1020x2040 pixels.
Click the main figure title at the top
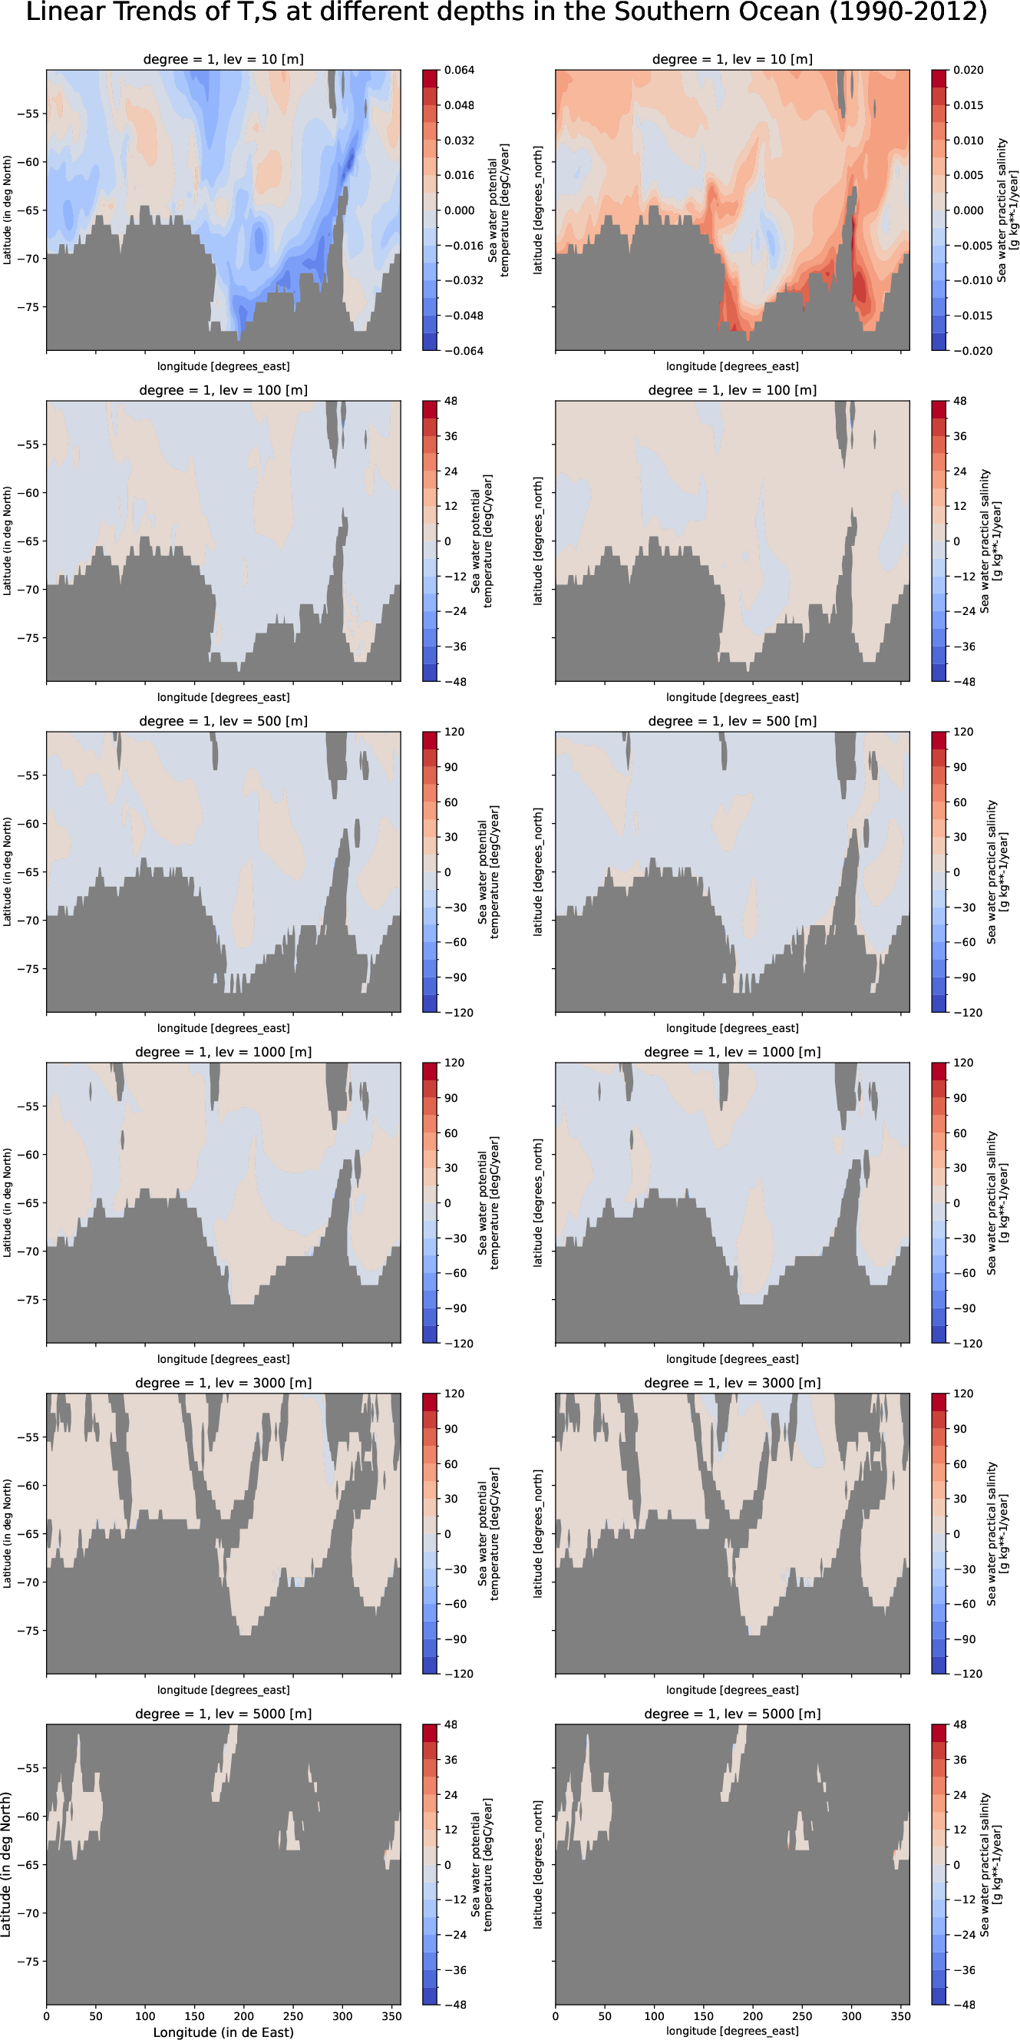point(507,13)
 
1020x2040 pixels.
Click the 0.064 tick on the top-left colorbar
point(459,71)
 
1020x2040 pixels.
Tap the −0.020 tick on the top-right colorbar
point(972,351)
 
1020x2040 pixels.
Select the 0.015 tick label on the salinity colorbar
point(968,105)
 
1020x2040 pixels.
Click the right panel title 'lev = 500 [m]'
point(731,722)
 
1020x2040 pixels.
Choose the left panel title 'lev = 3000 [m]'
point(223,1383)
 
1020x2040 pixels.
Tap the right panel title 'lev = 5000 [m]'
point(731,1714)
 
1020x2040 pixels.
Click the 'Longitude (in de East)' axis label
point(223,2032)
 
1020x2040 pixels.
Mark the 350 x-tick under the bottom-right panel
point(900,2015)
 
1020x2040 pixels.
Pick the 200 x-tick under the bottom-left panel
point(244,2015)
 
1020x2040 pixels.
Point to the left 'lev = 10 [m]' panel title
point(223,59)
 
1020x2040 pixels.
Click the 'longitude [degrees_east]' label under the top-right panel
point(731,367)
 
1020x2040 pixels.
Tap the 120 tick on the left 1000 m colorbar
point(454,1063)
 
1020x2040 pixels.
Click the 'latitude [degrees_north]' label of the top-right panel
point(538,210)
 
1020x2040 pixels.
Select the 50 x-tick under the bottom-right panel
point(605,2015)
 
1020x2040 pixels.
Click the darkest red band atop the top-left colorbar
point(429,78)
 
